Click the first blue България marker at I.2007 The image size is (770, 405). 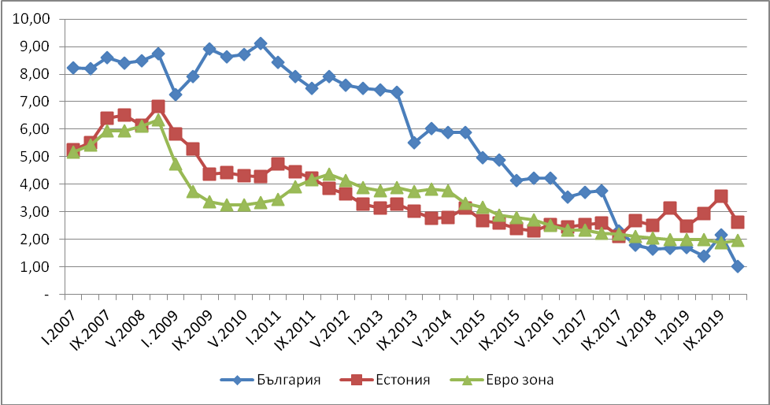(x=73, y=68)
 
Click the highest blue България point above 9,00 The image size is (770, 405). (x=261, y=43)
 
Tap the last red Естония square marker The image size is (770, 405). (x=738, y=222)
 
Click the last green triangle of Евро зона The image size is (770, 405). (x=738, y=240)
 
